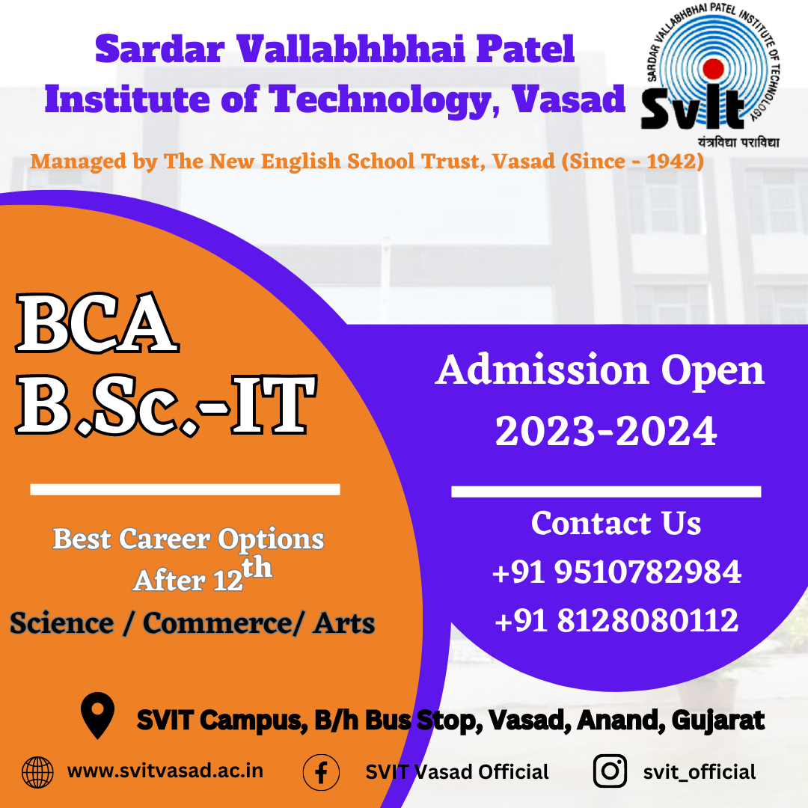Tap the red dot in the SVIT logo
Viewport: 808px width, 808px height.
[714, 69]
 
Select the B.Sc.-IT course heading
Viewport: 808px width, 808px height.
[165, 406]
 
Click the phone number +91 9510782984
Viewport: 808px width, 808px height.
[616, 573]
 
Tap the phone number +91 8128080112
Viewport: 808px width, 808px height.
[616, 621]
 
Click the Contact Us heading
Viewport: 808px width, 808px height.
[616, 523]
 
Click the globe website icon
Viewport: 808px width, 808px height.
[37, 772]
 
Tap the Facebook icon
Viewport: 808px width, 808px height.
[321, 772]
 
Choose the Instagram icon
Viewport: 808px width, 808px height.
[610, 772]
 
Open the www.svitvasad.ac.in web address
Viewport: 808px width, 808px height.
[165, 771]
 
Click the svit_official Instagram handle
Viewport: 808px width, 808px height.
[699, 772]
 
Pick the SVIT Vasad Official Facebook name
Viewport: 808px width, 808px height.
[457, 772]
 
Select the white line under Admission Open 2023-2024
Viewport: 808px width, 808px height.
[606, 492]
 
